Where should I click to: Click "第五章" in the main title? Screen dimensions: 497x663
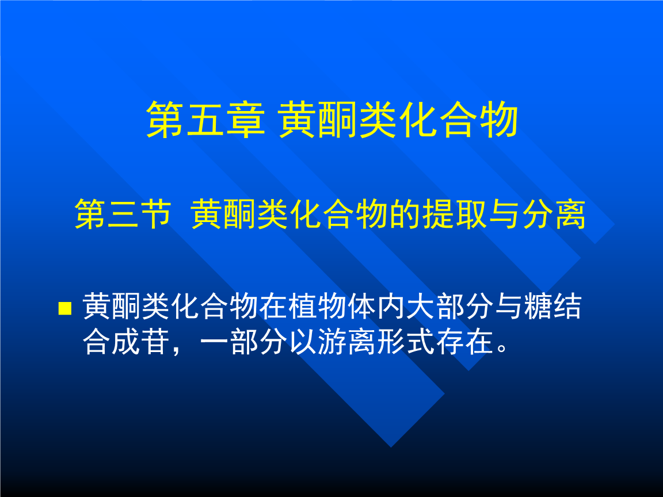(205, 120)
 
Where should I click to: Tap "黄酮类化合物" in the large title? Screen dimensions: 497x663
(398, 120)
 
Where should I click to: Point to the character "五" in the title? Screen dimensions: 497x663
(205, 120)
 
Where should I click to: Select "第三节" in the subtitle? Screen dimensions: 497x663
(123, 215)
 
